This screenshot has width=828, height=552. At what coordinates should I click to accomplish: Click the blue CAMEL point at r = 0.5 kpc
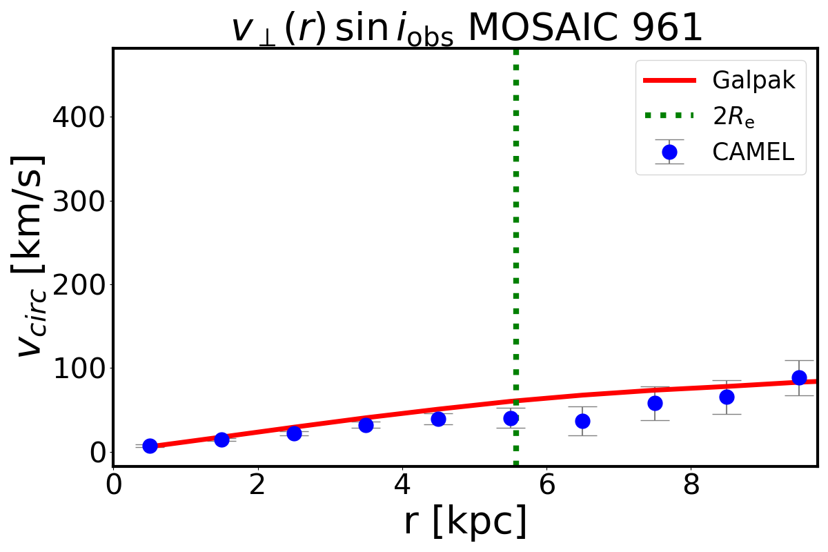pyautogui.click(x=150, y=446)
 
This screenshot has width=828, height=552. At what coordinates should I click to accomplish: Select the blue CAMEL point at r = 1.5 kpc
pyautogui.click(x=221, y=440)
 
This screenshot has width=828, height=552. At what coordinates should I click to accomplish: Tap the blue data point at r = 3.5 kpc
pyautogui.click(x=366, y=425)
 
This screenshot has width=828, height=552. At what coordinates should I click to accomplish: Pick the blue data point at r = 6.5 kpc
pyautogui.click(x=583, y=421)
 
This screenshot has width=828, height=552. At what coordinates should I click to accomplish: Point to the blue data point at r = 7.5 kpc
pyautogui.click(x=655, y=403)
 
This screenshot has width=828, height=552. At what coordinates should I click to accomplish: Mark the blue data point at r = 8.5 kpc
pyautogui.click(x=727, y=397)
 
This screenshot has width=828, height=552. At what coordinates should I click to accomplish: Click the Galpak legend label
pyautogui.click(x=753, y=80)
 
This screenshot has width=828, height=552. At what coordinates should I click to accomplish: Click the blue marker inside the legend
pyautogui.click(x=669, y=152)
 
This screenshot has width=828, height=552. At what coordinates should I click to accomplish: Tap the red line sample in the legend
pyautogui.click(x=669, y=80)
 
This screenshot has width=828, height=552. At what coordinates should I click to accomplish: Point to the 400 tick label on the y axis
pyautogui.click(x=77, y=117)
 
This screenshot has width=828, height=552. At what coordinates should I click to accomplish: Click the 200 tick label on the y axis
pyautogui.click(x=77, y=284)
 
